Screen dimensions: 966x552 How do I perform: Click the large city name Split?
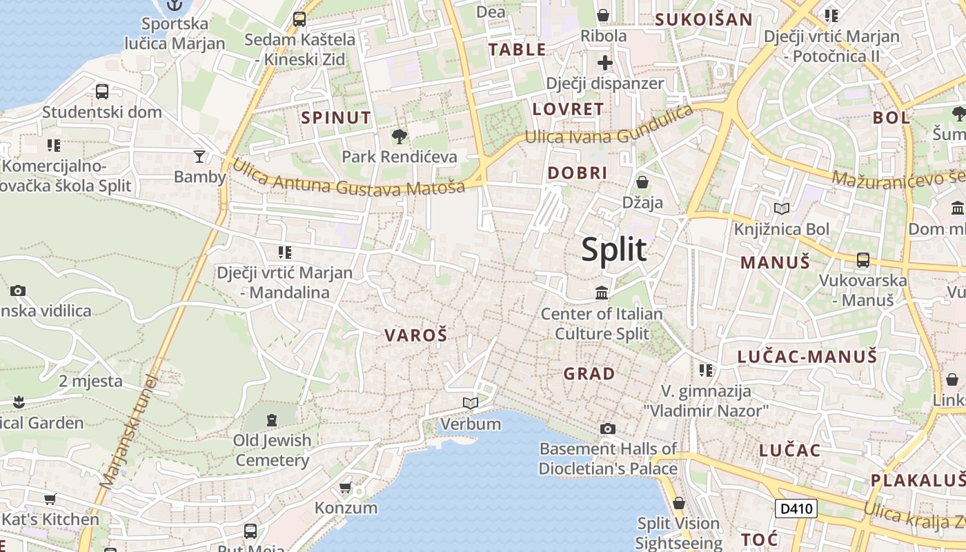click(x=614, y=249)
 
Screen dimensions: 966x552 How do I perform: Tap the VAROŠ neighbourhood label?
click(x=416, y=336)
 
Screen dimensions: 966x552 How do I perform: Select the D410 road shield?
click(x=796, y=509)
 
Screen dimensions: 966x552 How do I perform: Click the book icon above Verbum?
click(x=471, y=403)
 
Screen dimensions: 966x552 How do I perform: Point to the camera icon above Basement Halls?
click(x=607, y=429)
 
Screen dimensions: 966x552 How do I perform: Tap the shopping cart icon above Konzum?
click(x=346, y=488)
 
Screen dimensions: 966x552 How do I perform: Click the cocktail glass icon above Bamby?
click(x=199, y=157)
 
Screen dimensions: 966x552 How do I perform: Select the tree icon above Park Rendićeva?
click(x=399, y=136)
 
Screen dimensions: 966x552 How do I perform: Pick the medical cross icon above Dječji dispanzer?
click(x=605, y=63)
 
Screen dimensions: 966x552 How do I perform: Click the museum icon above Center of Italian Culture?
click(x=602, y=293)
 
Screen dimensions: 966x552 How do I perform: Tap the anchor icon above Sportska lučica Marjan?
click(x=175, y=6)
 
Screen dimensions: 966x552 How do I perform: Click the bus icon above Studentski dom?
click(x=101, y=91)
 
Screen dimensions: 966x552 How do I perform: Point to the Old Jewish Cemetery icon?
click(x=272, y=420)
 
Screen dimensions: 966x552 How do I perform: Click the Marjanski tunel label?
click(x=129, y=431)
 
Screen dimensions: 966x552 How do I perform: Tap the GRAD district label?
click(x=589, y=374)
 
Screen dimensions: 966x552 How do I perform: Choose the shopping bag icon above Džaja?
click(x=642, y=182)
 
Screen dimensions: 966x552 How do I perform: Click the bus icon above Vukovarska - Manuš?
click(x=862, y=260)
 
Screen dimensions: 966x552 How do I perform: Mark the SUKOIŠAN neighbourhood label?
click(x=703, y=19)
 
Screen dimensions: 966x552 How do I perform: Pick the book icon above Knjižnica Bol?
click(x=782, y=208)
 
